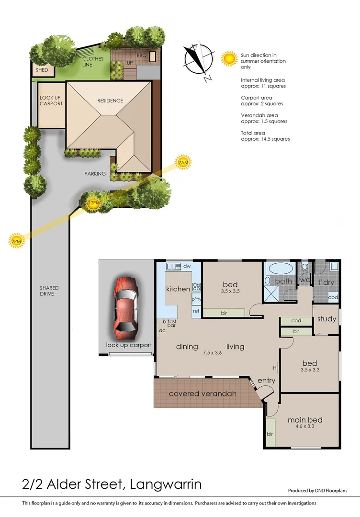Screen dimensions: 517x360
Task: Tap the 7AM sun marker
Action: click(x=183, y=163)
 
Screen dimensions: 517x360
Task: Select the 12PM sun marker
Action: click(x=94, y=203)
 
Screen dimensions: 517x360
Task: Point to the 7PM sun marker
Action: click(x=17, y=241)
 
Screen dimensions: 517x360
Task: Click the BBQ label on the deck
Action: click(x=141, y=56)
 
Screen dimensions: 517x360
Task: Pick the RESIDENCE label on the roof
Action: click(x=110, y=101)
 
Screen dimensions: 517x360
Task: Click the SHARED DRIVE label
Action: click(x=49, y=291)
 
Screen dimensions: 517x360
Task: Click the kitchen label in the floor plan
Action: click(x=178, y=289)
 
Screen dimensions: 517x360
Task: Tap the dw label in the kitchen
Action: click(x=187, y=265)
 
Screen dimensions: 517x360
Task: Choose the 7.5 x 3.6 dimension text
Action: click(x=214, y=353)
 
